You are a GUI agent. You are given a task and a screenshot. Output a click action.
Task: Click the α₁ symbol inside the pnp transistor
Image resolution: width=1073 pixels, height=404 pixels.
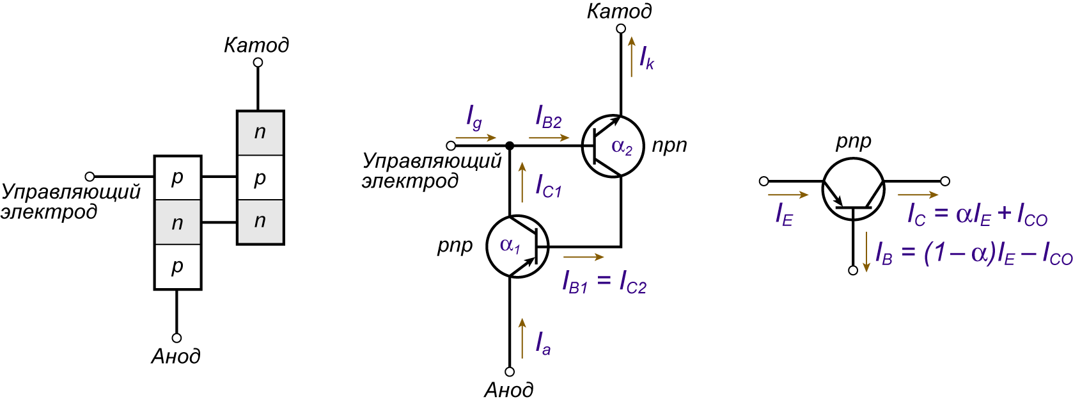(510, 245)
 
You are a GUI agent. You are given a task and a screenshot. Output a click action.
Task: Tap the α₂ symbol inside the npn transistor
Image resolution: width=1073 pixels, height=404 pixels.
(622, 147)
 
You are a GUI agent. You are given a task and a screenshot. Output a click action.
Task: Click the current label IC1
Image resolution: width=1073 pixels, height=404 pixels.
(549, 186)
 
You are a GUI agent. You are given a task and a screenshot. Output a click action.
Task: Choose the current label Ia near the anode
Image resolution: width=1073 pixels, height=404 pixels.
(543, 343)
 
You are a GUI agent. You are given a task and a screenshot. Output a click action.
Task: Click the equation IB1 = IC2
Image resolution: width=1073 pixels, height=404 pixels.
(604, 281)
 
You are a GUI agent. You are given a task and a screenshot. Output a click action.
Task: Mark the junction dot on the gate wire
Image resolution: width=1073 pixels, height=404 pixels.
(510, 145)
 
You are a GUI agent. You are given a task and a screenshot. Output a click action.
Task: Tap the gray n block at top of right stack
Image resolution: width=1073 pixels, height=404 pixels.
(260, 133)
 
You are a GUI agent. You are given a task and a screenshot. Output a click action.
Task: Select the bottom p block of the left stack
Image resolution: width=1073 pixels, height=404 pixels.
(178, 266)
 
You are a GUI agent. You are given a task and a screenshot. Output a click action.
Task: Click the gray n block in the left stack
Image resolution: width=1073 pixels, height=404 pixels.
(178, 222)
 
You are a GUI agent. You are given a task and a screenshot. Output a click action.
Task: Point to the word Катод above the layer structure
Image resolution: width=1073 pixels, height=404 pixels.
(257, 45)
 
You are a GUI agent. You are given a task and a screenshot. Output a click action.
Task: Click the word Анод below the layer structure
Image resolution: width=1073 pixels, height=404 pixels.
(176, 357)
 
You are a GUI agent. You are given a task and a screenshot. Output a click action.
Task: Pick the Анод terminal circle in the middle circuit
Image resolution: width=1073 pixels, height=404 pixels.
(510, 372)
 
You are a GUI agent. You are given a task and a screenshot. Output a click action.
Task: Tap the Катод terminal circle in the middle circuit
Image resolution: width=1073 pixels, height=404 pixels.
(621, 29)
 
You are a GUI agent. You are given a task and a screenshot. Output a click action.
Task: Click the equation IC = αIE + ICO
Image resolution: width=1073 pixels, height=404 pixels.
(978, 215)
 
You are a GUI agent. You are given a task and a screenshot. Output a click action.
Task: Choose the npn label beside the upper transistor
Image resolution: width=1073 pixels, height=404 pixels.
(670, 145)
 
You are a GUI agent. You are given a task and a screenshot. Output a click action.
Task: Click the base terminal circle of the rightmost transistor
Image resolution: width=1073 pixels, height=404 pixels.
(853, 271)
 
